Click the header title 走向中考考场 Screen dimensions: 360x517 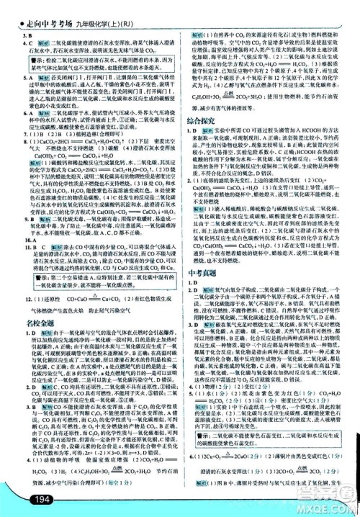[41, 9]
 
